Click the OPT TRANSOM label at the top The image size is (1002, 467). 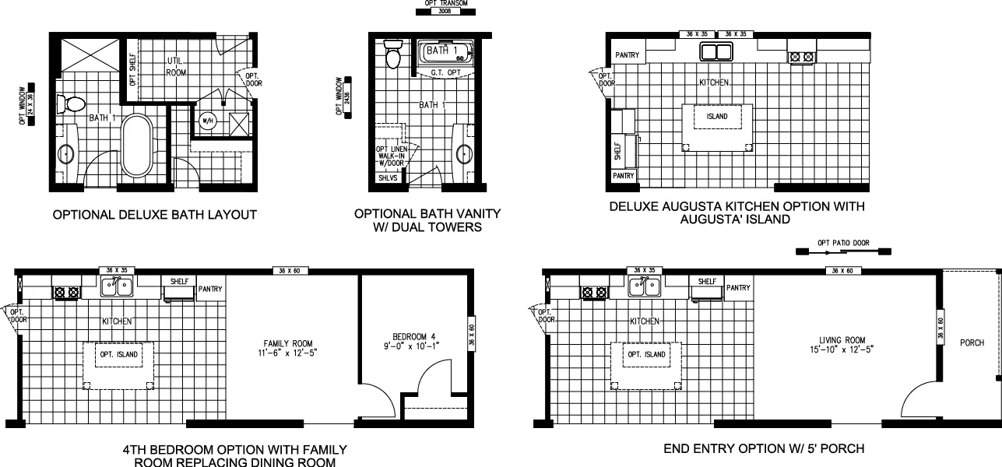click(x=441, y=4)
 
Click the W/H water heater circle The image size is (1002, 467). click(x=208, y=121)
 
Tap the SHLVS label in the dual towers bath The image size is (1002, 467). click(x=387, y=178)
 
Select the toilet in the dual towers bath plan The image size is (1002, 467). click(x=393, y=56)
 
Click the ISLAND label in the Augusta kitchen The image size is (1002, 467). click(x=717, y=117)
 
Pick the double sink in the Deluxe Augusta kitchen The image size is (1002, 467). click(x=716, y=53)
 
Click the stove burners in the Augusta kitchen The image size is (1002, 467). click(x=802, y=56)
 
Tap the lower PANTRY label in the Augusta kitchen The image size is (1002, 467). click(x=624, y=177)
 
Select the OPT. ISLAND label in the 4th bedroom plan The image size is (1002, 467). click(x=118, y=355)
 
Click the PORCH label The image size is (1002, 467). click(x=972, y=343)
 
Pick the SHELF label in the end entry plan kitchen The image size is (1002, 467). click(x=707, y=282)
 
